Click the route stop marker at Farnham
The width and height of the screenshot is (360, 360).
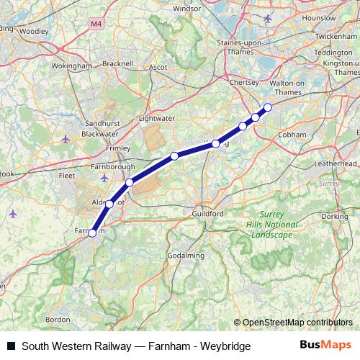click(92, 233)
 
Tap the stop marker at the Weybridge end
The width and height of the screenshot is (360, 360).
click(268, 108)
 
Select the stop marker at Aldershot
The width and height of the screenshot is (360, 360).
click(109, 204)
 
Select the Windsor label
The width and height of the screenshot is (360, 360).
click(187, 9)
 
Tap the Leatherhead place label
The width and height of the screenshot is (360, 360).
click(336, 164)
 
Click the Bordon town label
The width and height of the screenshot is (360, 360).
click(58, 319)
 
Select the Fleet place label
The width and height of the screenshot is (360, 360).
click(68, 174)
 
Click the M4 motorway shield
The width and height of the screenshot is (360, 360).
click(96, 24)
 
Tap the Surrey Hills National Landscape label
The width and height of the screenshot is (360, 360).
click(272, 225)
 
